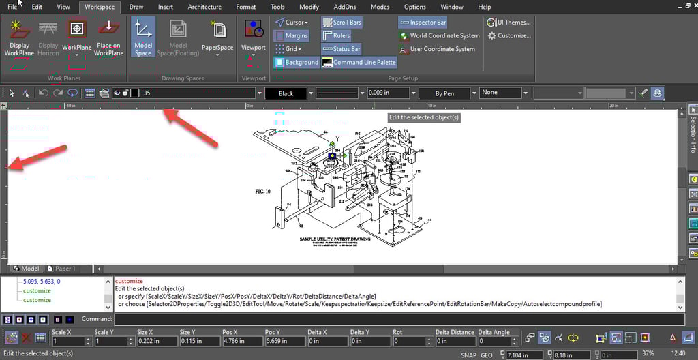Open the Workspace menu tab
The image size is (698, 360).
tap(100, 7)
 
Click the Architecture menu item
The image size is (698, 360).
tap(204, 7)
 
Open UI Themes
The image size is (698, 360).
tap(509, 22)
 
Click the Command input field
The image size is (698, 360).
tap(399, 319)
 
